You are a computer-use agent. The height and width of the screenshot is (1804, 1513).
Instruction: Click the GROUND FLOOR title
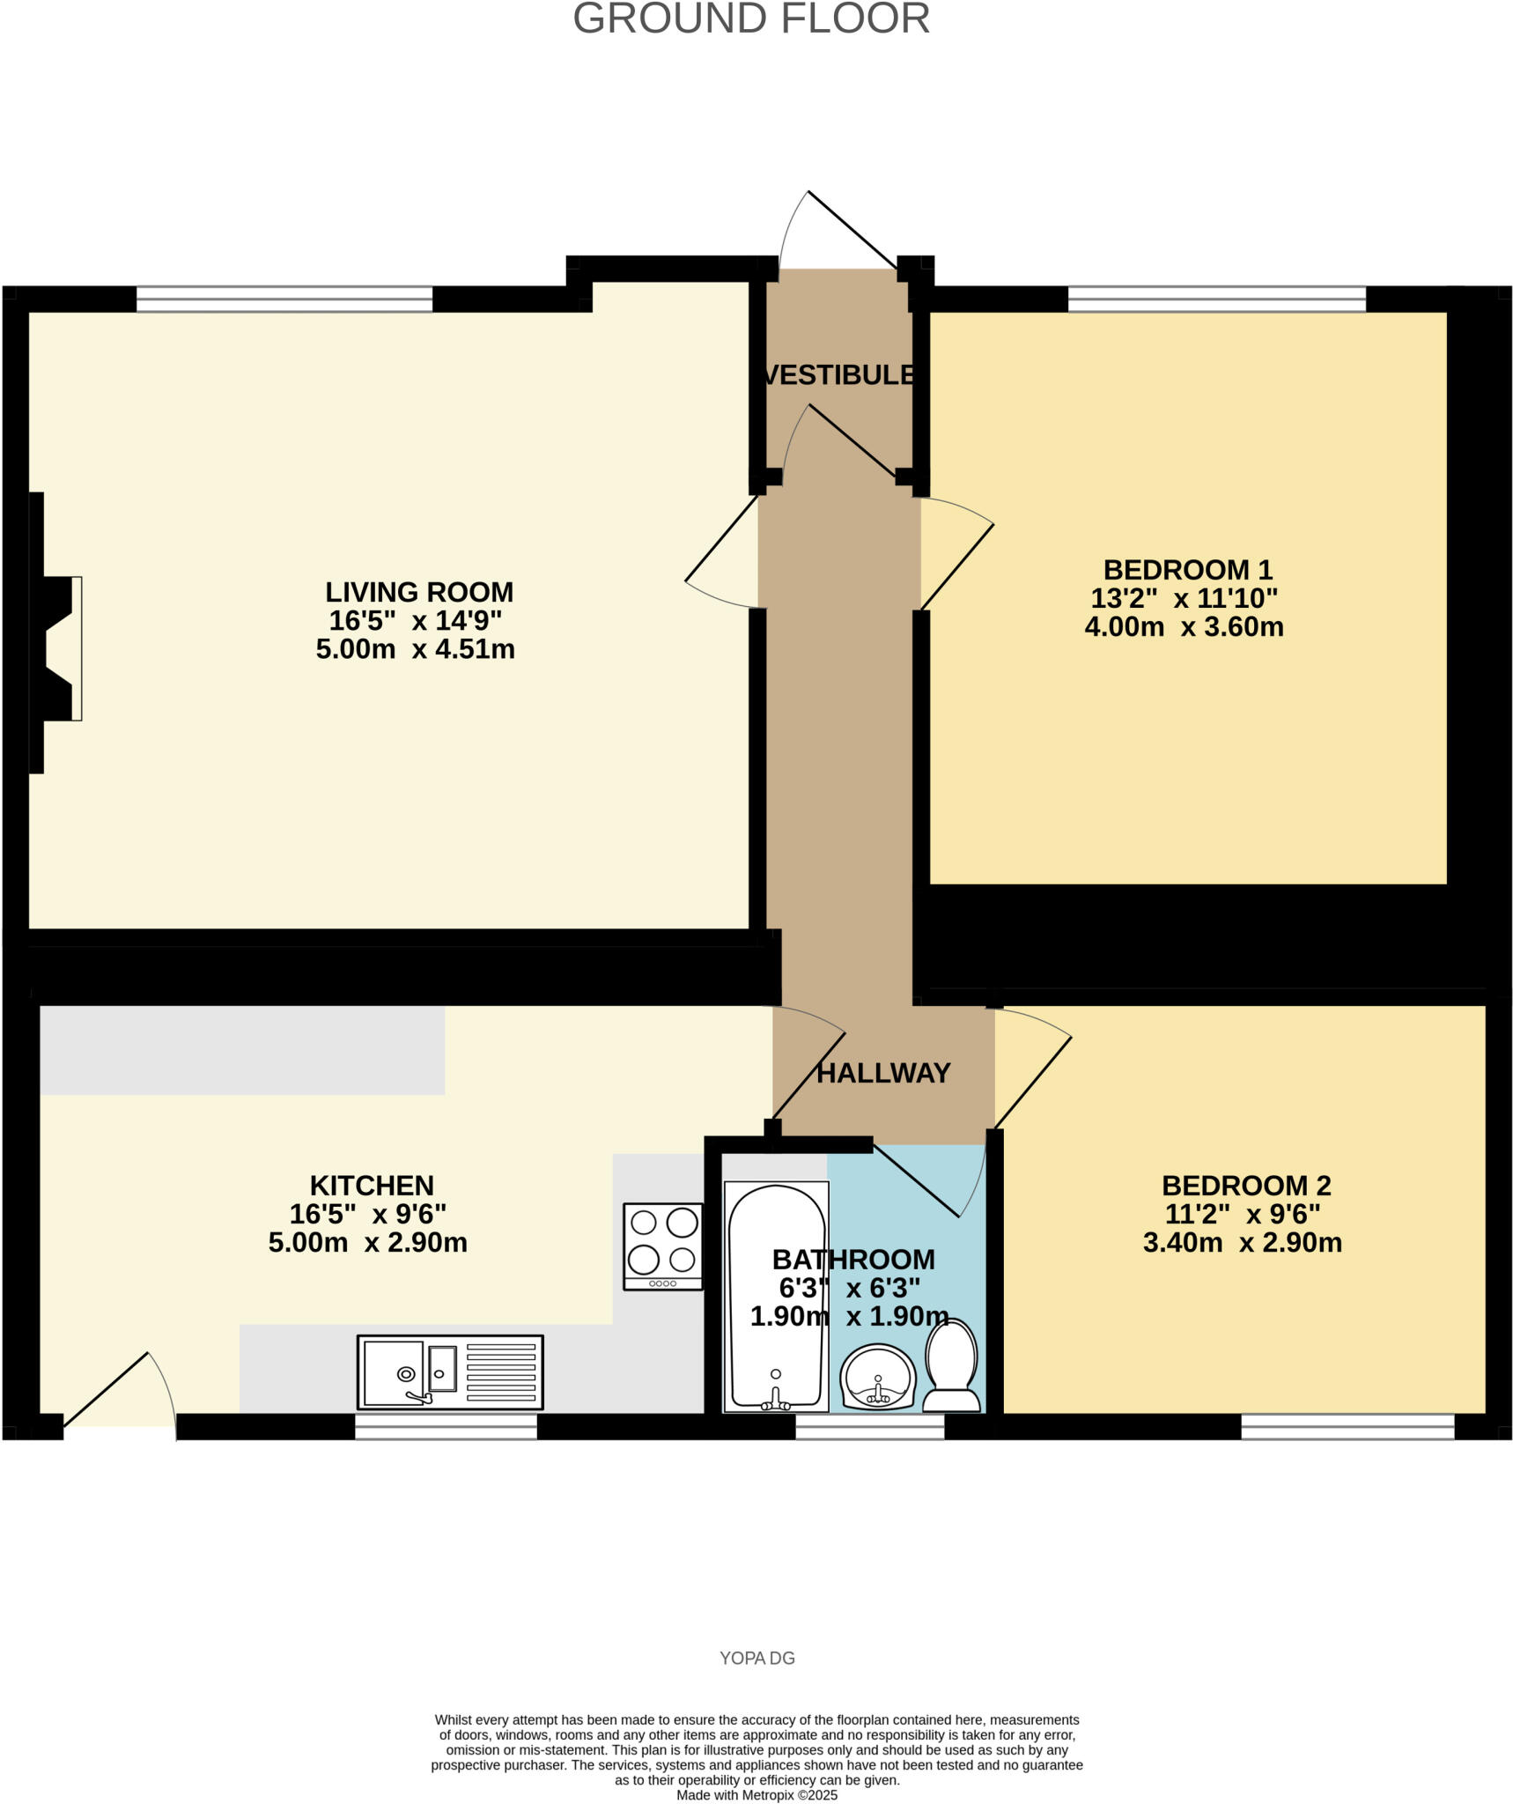click(750, 19)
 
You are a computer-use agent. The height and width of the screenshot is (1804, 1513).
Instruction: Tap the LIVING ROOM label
click(418, 591)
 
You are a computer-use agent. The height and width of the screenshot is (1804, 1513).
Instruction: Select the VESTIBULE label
click(838, 375)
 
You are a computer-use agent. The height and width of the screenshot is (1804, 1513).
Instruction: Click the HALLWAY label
click(882, 1073)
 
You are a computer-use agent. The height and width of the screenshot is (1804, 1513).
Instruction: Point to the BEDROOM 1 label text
click(1187, 569)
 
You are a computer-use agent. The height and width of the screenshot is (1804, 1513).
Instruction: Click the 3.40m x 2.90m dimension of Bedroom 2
click(1242, 1243)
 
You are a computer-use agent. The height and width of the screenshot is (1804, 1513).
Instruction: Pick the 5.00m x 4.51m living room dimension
click(415, 650)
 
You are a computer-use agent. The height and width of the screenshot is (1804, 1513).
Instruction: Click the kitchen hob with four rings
click(662, 1246)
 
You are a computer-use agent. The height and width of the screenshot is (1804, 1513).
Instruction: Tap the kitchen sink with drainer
click(449, 1372)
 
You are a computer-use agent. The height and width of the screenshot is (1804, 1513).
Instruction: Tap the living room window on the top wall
click(284, 299)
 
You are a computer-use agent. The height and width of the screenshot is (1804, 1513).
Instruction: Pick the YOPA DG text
click(756, 1659)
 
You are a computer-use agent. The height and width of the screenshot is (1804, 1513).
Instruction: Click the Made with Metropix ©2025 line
click(756, 1795)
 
